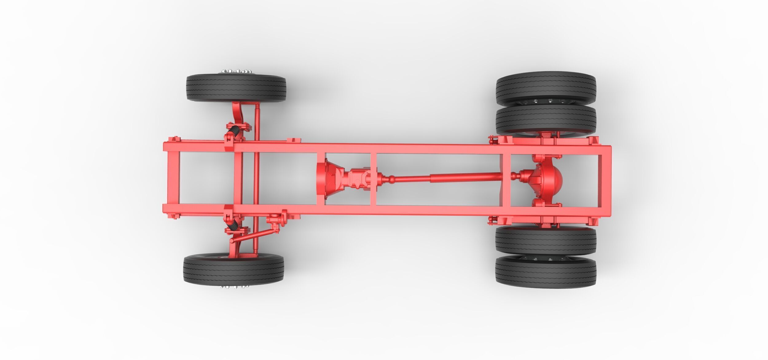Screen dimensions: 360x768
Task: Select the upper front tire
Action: click(x=236, y=88)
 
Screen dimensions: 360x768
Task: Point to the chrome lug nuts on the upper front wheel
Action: click(x=233, y=71)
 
